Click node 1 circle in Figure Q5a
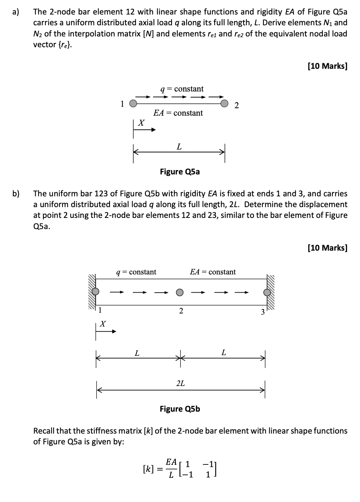[133, 104]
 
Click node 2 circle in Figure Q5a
[224, 103]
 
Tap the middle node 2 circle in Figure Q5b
[180, 292]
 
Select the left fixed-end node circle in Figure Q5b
[96, 292]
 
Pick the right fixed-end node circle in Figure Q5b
[267, 292]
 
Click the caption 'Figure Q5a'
[180, 171]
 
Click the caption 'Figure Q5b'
[180, 409]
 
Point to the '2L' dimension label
[181, 383]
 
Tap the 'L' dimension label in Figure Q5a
[179, 147]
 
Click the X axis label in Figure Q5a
[141, 123]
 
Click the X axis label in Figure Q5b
[103, 324]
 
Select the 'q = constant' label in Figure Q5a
[182, 89]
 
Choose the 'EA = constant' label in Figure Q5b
[213, 272]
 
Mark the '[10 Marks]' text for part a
[327, 66]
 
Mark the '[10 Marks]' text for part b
[327, 248]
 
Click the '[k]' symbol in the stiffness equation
[148, 469]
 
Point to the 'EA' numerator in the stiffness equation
[171, 462]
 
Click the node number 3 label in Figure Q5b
[262, 312]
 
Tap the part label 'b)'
[16, 193]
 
